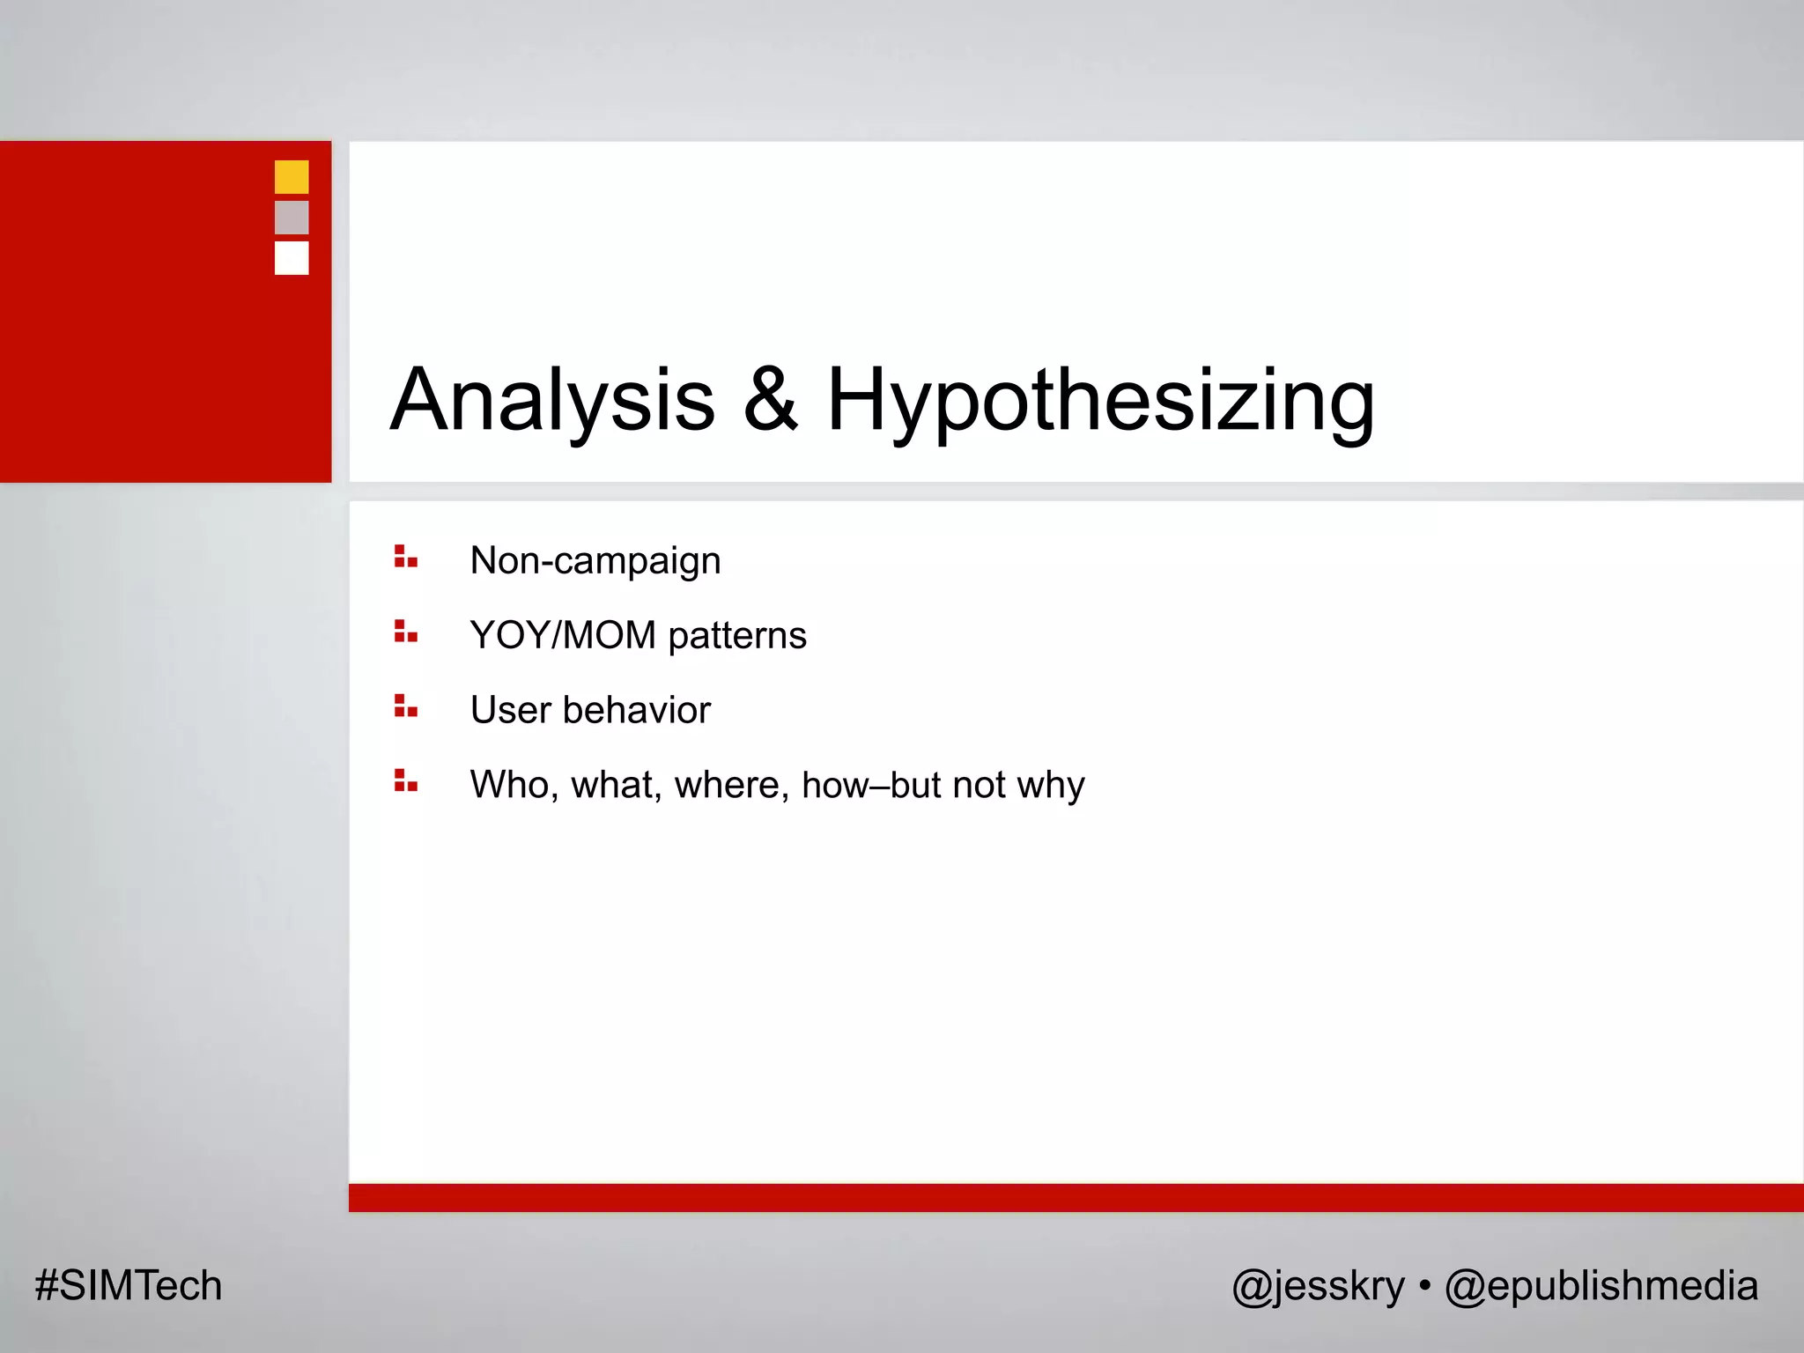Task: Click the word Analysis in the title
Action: [x=552, y=401]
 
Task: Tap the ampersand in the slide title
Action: [x=771, y=401]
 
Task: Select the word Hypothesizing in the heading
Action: [x=1100, y=401]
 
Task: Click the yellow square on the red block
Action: [x=292, y=177]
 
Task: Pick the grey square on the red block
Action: [x=292, y=218]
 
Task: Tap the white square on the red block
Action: [x=292, y=258]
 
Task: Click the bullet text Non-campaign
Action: [x=595, y=560]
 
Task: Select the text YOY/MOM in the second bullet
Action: [x=563, y=635]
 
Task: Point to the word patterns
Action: [x=737, y=636]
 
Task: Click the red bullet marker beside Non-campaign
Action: [x=405, y=557]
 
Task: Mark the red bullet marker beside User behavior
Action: [x=405, y=706]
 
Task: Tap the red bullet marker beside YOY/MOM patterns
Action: [x=405, y=632]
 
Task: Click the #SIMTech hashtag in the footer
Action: [x=129, y=1285]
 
